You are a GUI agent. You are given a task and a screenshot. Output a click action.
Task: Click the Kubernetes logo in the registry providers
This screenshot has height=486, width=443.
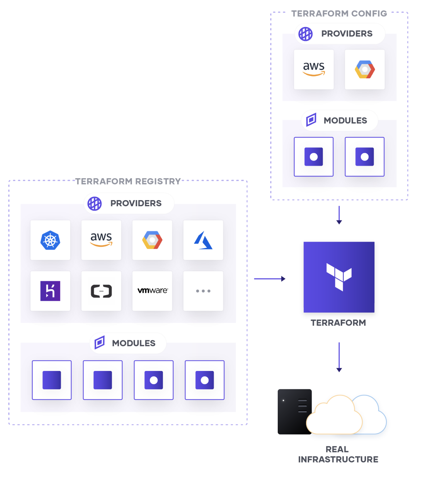tap(50, 240)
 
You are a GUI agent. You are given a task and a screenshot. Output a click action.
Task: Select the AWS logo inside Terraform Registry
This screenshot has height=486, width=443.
tap(101, 240)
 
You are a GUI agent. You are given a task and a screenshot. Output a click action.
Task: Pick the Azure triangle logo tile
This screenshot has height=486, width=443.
tap(203, 240)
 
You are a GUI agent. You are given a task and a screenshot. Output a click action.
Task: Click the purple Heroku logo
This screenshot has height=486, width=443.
tap(50, 291)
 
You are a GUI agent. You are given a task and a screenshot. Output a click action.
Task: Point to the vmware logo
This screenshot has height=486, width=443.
tap(152, 291)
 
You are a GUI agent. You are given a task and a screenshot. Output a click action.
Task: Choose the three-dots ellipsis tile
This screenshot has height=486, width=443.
tap(203, 291)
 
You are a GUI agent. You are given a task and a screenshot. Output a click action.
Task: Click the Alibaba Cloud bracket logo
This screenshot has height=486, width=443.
tap(101, 291)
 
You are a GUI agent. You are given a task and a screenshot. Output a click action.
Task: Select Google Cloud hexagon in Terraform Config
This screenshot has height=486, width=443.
tap(365, 69)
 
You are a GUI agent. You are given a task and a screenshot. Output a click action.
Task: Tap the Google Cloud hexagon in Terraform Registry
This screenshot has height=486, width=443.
tap(152, 240)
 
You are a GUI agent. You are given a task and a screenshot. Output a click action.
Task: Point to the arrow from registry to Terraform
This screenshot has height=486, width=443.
tap(270, 279)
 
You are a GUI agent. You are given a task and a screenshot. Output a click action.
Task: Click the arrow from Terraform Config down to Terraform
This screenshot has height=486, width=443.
tap(339, 215)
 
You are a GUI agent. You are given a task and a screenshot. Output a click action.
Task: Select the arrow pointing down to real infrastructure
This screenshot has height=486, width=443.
tap(339, 357)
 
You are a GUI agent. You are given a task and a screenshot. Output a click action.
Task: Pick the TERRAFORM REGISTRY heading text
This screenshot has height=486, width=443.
tap(128, 181)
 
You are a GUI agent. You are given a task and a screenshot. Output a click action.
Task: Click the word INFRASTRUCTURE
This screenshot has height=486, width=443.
tap(338, 459)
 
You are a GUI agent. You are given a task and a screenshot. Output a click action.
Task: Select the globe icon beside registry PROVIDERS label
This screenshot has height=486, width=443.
tap(94, 204)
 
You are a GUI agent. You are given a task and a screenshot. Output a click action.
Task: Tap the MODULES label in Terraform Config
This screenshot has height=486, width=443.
tap(345, 120)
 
